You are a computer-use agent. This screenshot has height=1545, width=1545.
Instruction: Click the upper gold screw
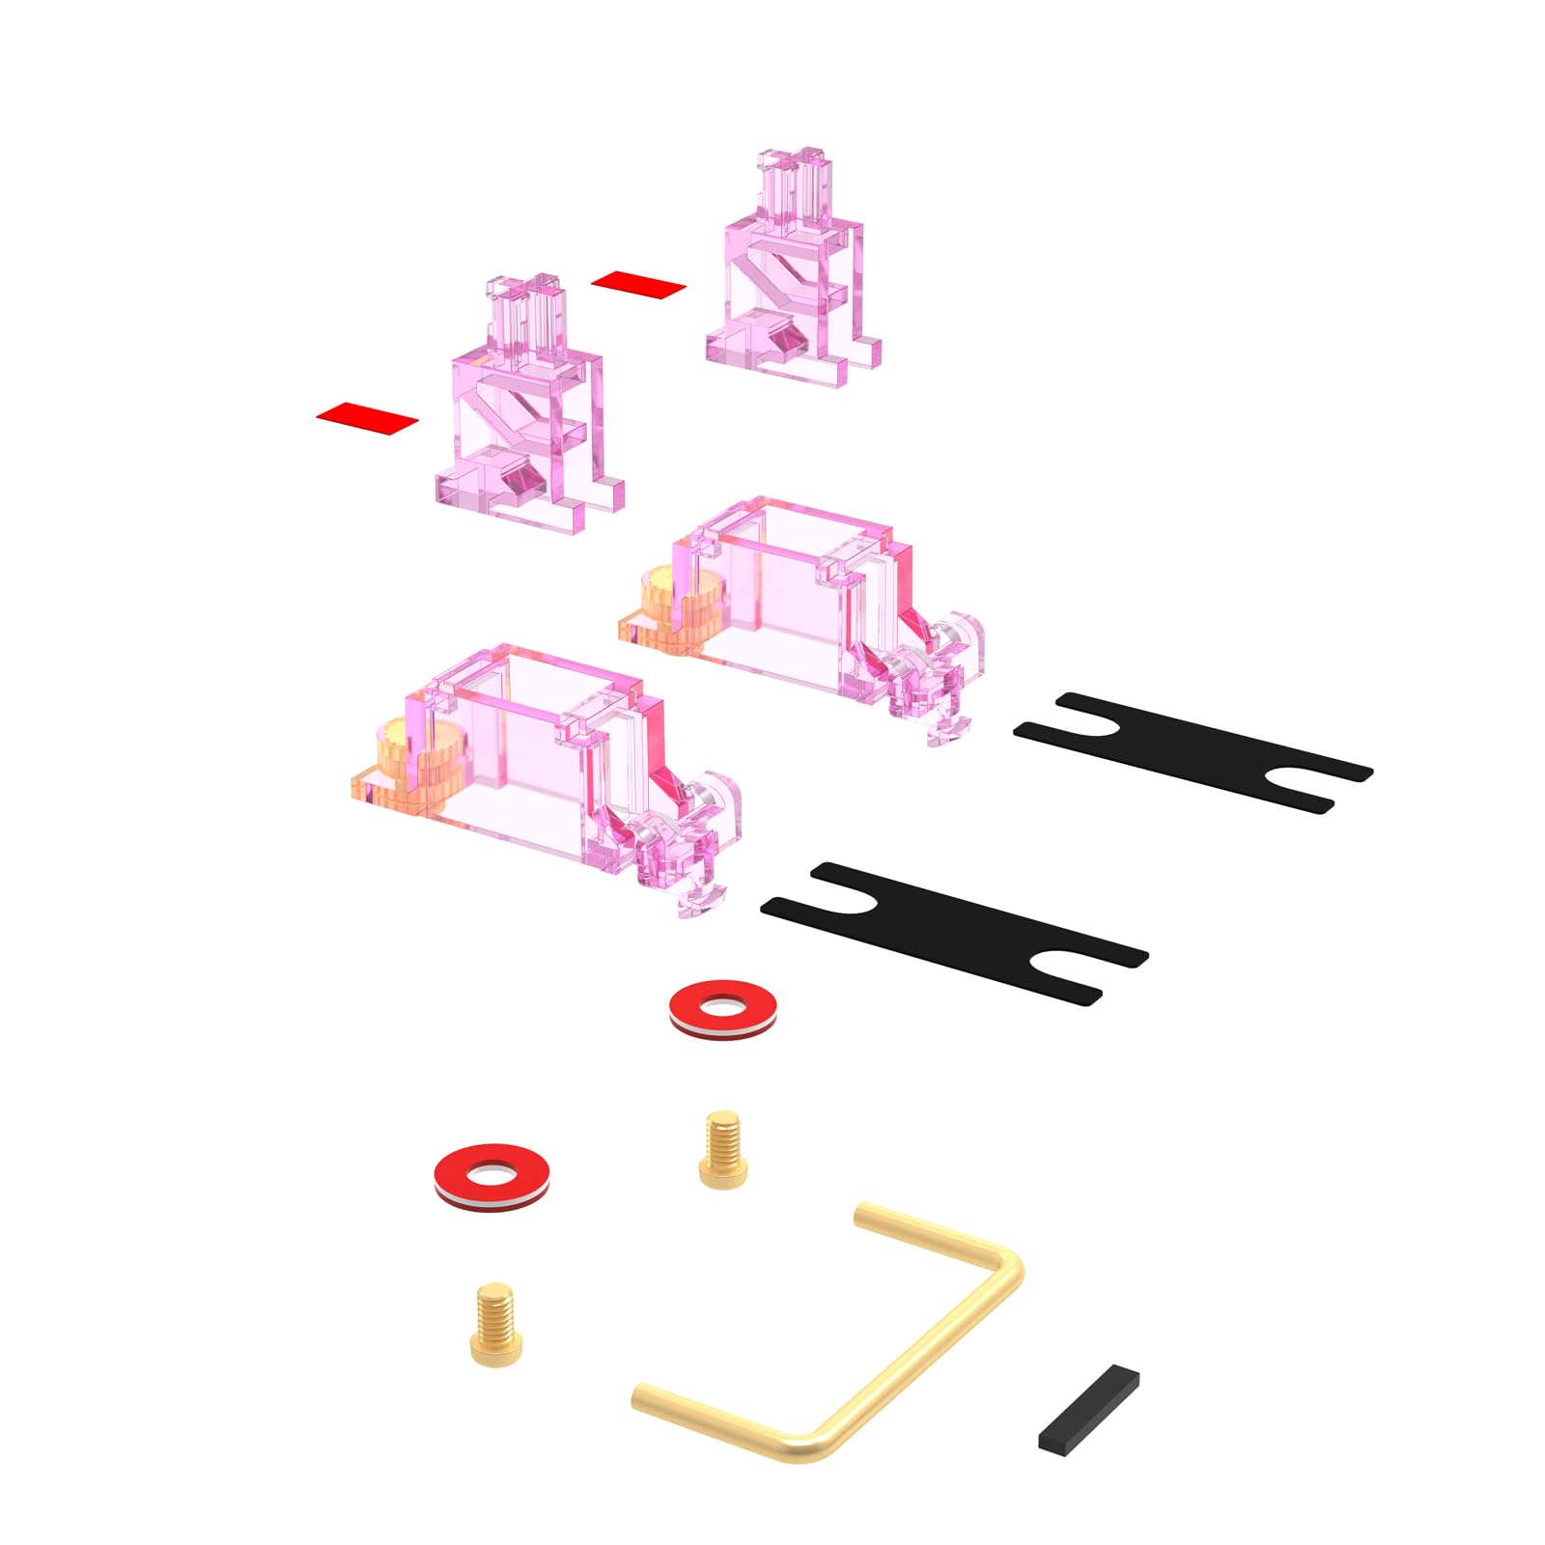pos(723,1149)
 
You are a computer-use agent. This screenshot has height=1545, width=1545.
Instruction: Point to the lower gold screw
pos(496,1323)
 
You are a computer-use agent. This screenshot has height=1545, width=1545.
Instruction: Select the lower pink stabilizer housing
pos(521,744)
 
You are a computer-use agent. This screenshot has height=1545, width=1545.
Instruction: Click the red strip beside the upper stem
pos(638,284)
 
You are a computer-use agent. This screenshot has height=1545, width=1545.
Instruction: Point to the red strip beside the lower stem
pos(367,417)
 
